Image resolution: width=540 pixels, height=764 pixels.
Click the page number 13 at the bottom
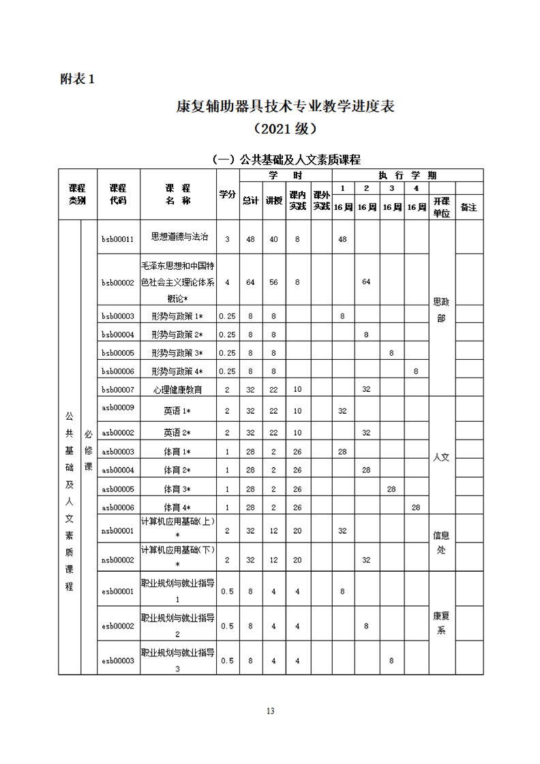coord(270,711)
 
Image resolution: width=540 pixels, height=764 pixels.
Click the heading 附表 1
coord(77,79)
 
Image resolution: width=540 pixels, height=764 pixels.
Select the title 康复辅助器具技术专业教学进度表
coord(286,107)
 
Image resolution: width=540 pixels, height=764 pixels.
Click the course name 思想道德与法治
coord(179,237)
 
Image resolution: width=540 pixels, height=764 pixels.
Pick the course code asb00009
coord(118,408)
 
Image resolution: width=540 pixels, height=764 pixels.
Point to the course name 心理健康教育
coord(179,389)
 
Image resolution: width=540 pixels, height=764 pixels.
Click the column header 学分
coord(227,194)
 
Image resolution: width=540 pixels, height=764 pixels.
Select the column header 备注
coord(469,207)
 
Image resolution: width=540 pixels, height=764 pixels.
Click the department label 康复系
coord(441,623)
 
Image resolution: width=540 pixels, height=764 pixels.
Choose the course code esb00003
coord(118,660)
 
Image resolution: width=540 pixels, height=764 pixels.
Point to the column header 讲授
coord(273,200)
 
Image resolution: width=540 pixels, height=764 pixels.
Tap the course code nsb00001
coord(118,531)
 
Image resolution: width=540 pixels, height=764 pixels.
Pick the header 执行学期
coord(407,175)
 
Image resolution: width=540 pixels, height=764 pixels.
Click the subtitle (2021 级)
coord(285,129)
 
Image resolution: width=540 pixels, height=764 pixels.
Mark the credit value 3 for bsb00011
coord(227,239)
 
